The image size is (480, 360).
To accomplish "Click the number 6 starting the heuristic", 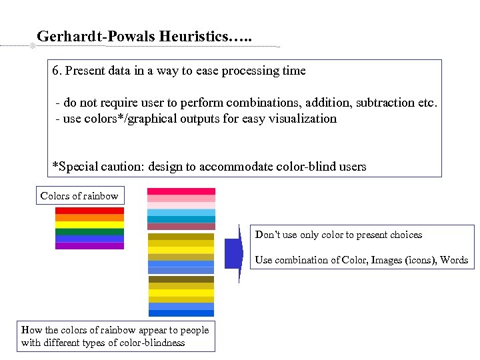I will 55,71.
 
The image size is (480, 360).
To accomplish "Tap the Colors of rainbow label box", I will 79,196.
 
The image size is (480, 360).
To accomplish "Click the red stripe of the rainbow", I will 89,211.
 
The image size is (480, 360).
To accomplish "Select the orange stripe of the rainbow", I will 89,217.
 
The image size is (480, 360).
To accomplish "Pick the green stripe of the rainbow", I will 89,231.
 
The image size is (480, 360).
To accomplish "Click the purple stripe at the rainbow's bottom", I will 89,245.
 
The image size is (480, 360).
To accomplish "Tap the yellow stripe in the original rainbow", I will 89,225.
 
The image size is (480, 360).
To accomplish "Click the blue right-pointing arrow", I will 233,254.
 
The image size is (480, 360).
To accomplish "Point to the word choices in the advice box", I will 402,235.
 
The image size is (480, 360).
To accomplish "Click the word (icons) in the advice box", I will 419,260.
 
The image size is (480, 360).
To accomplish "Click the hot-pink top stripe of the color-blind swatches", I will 181,191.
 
